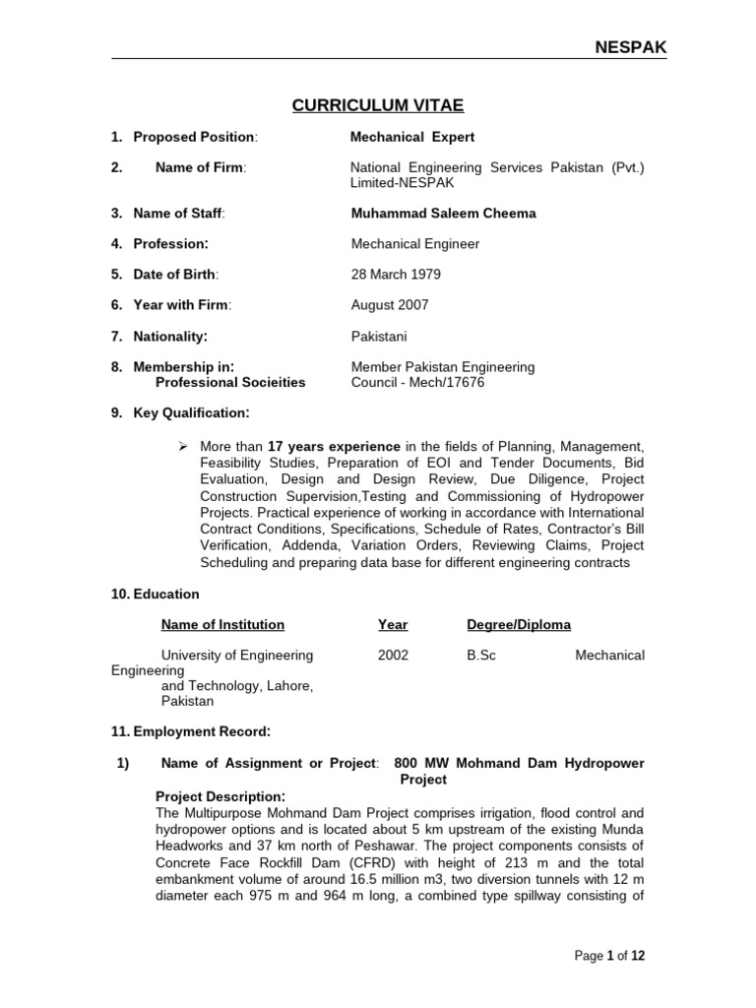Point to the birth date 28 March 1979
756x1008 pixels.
397,275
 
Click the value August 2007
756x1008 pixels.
390,305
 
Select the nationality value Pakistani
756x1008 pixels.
379,337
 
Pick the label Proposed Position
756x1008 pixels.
195,137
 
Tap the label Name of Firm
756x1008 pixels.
200,167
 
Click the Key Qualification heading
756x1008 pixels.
191,412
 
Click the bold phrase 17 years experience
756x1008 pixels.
335,446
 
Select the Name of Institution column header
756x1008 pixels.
222,624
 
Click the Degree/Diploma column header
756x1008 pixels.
518,624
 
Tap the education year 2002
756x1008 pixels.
393,655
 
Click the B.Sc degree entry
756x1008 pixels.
481,655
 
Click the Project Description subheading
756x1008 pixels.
220,795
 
